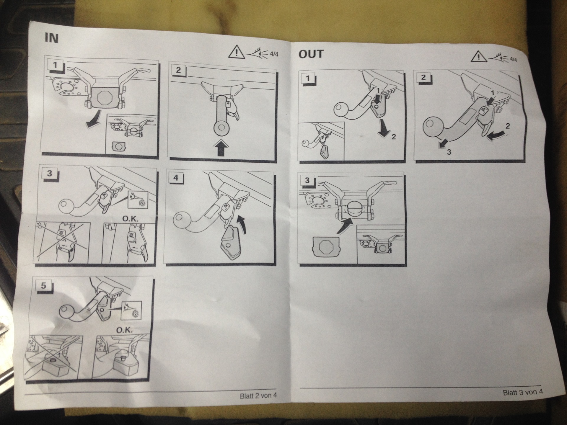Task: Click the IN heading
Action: [x=51, y=38]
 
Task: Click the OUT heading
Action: [x=311, y=54]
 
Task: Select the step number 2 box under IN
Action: [x=178, y=70]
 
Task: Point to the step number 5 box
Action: [x=44, y=285]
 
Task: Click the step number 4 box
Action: [x=176, y=178]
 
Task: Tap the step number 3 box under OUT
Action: [x=307, y=180]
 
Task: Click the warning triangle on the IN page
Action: [x=236, y=52]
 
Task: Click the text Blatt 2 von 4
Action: [x=258, y=395]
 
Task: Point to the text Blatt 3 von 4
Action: [x=523, y=392]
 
